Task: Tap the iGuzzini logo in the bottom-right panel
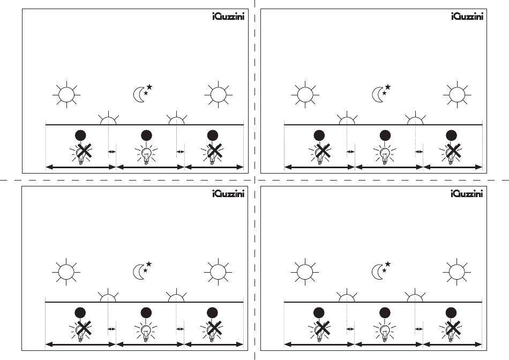466,194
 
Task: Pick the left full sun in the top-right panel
305,95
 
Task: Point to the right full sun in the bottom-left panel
217,272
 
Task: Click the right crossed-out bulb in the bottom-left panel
213,331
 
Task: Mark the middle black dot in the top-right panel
384,134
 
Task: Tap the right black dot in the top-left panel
213,134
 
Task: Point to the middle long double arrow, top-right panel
389,167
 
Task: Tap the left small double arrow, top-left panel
112,152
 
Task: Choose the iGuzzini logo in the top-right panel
466,16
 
